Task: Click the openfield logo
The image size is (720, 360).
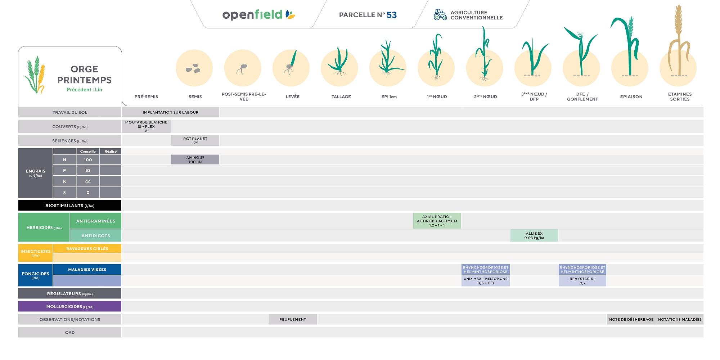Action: tap(259, 15)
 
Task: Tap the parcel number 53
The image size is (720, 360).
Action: tap(392, 15)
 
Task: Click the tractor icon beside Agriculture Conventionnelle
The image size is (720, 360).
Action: tap(440, 15)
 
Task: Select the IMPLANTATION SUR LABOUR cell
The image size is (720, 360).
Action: tap(171, 112)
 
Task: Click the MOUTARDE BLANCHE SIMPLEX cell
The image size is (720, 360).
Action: tap(146, 126)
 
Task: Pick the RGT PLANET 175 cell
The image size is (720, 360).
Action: tap(195, 141)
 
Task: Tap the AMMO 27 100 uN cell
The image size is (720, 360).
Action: tap(195, 159)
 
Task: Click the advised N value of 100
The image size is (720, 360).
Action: tap(88, 160)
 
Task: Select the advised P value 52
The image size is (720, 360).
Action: tap(88, 171)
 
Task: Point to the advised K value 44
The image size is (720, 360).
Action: tap(88, 181)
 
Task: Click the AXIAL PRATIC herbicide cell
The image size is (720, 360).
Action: tap(437, 221)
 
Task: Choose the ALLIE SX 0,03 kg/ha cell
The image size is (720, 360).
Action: tap(534, 235)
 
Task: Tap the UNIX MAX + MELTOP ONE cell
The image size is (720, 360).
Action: tap(486, 281)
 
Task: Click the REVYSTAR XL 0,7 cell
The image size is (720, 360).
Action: tap(582, 281)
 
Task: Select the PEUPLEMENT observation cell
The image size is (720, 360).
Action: tap(293, 319)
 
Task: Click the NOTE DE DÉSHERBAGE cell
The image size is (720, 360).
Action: tap(631, 319)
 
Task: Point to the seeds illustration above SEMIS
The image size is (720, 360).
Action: tap(193, 68)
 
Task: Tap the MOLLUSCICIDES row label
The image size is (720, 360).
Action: tap(70, 307)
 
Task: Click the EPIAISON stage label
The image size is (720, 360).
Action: tap(631, 97)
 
